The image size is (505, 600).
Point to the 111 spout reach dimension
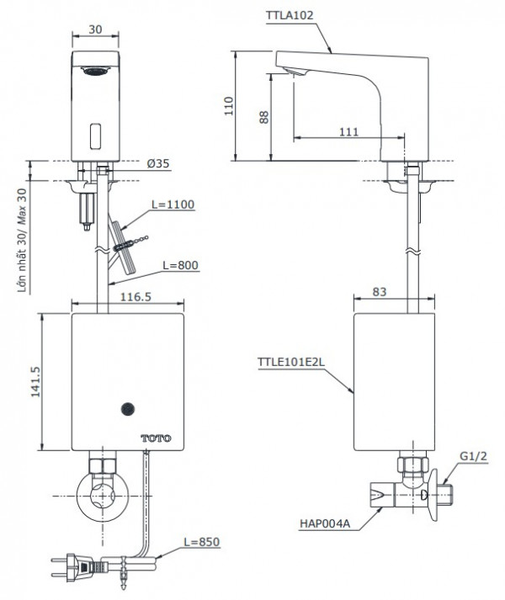[x=349, y=132]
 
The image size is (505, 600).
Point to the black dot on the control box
[x=128, y=410]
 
